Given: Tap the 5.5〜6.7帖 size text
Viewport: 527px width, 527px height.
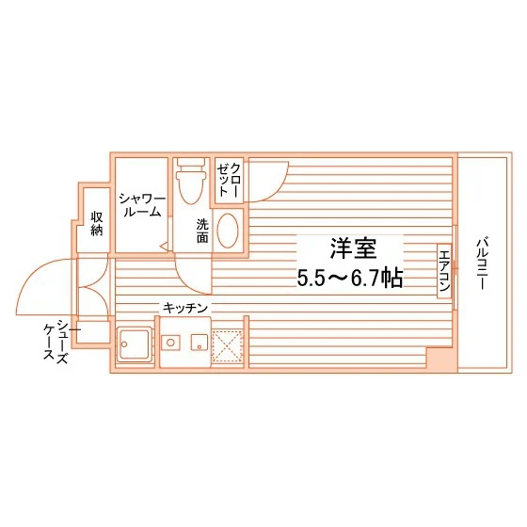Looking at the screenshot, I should tap(351, 278).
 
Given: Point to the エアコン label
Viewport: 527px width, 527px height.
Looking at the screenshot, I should tap(444, 270).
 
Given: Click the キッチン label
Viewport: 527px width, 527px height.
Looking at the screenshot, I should tap(185, 308).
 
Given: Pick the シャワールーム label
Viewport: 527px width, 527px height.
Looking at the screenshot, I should tap(141, 205).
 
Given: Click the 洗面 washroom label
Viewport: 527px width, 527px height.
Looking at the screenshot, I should tap(203, 231).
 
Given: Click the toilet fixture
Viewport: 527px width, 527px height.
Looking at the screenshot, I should tap(191, 180).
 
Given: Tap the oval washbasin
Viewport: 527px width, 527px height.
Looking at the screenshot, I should tap(228, 231).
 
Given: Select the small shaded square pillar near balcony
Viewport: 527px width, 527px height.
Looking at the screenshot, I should tap(439, 359).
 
